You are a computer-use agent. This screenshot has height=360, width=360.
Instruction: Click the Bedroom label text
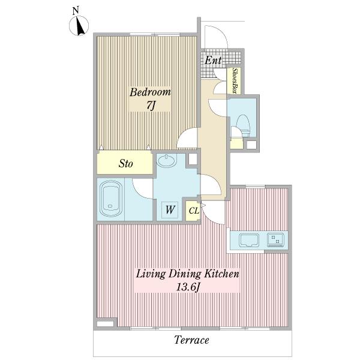pos(150,92)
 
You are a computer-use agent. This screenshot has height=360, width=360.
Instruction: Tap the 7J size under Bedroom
pos(151,106)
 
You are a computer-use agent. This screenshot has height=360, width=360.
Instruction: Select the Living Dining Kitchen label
pos(187,274)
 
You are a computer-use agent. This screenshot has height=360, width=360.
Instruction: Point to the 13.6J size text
pos(187,287)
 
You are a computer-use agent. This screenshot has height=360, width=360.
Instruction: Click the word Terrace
pos(191,340)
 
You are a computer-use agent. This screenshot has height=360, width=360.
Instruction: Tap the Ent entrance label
pos(213,61)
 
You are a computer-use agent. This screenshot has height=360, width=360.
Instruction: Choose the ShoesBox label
pos(235,80)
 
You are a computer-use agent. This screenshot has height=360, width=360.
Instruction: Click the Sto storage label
pos(125,164)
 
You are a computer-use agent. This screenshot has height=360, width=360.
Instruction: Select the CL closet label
pos(194,211)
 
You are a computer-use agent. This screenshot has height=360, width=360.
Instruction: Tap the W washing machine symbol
pos(170,210)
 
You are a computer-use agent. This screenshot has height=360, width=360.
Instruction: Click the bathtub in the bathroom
pos(110,199)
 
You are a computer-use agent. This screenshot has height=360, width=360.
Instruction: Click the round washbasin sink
pos(166,160)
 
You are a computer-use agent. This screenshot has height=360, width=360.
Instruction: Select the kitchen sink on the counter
pos(249,241)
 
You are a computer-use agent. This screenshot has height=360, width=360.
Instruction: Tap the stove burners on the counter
pos(275,239)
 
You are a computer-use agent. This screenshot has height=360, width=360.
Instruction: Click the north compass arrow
pos(79,26)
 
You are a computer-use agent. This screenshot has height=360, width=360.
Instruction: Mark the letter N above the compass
pos(76,11)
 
